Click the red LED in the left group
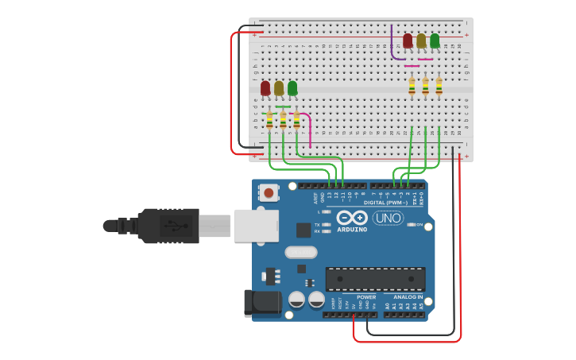point(265,88)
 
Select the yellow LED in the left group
point(279,88)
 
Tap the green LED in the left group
point(292,87)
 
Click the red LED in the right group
point(408,41)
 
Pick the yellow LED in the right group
point(421,41)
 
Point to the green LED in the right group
point(435,40)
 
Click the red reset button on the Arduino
point(269,192)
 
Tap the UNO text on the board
point(389,218)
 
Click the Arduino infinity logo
point(352,218)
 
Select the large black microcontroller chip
point(375,278)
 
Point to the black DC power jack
point(265,303)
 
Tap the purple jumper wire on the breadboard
point(393,48)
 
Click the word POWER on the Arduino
point(366,297)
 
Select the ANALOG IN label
point(409,296)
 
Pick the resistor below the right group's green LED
point(439,86)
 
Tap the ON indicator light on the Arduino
point(412,225)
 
